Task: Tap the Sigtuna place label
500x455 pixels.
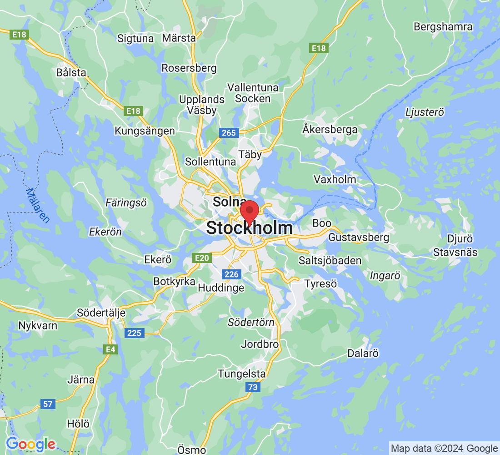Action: (x=135, y=38)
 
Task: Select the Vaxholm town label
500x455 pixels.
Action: (x=335, y=179)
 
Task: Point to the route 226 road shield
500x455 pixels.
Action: (x=231, y=274)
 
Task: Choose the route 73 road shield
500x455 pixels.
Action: (x=253, y=387)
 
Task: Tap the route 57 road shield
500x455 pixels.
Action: (x=48, y=404)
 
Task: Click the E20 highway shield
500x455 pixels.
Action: (x=202, y=258)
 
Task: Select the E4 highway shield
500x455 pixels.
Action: (x=110, y=349)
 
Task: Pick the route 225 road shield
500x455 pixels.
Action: (x=134, y=333)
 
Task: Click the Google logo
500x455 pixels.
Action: (x=30, y=444)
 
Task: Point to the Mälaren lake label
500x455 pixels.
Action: (x=38, y=205)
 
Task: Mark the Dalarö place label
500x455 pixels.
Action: (x=363, y=353)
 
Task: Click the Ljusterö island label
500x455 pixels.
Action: (x=425, y=112)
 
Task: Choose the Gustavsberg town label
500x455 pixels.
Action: (x=359, y=237)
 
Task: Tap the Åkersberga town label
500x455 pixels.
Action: (x=330, y=130)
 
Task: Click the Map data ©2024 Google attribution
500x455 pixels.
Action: (x=444, y=449)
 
